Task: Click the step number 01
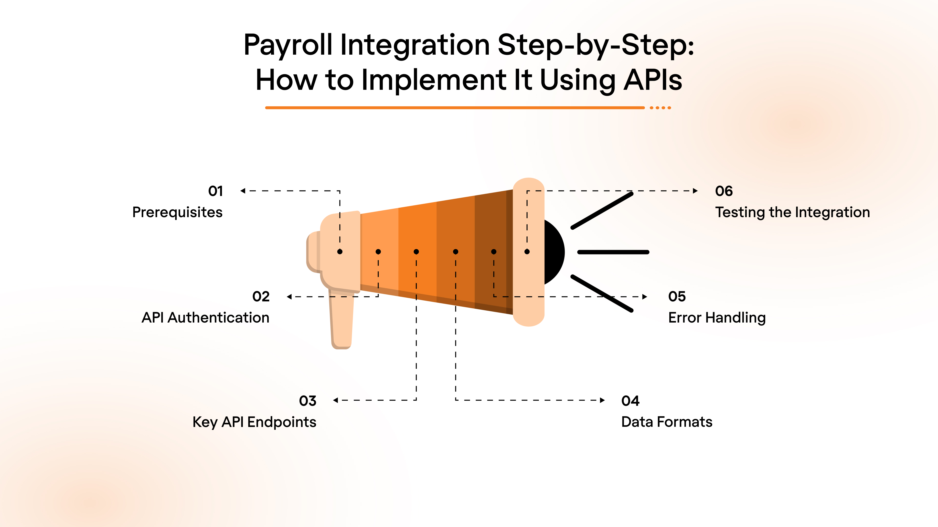pos(215,191)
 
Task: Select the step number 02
pos(261,296)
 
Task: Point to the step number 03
pos(308,401)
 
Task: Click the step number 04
pos(630,401)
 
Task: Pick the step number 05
pos(677,296)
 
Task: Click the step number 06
pos(724,191)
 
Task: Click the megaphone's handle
pos(341,320)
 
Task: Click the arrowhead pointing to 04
pos(602,400)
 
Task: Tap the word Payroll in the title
pos(288,45)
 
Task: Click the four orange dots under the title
pos(660,108)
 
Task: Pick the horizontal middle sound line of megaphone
pos(613,252)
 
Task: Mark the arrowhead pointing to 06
pos(695,191)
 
